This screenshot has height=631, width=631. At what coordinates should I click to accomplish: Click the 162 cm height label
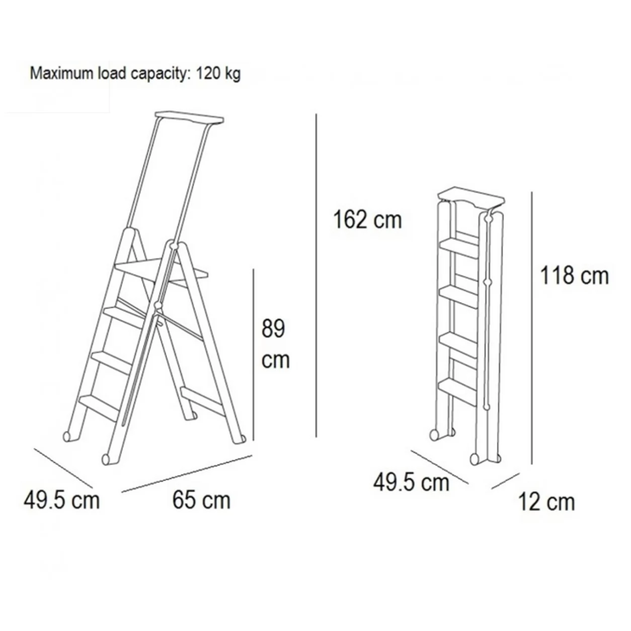(367, 219)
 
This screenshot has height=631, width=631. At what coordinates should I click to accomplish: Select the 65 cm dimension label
(201, 500)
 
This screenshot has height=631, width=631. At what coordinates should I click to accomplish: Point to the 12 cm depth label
(546, 502)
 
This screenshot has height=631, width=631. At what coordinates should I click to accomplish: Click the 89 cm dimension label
(275, 344)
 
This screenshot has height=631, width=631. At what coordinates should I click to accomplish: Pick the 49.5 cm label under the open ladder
(61, 500)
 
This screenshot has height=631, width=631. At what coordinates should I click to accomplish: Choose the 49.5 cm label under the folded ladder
(411, 483)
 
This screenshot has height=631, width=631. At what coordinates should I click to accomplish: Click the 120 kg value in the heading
(218, 73)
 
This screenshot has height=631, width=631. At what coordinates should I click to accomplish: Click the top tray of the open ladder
(190, 118)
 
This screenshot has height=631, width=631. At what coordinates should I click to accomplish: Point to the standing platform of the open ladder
(162, 271)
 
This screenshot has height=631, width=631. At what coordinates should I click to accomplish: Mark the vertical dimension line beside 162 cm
(316, 275)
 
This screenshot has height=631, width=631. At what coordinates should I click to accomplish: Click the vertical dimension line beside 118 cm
(532, 328)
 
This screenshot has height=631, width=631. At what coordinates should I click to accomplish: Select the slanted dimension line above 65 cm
(187, 474)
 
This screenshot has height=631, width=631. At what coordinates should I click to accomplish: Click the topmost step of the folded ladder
(459, 248)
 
